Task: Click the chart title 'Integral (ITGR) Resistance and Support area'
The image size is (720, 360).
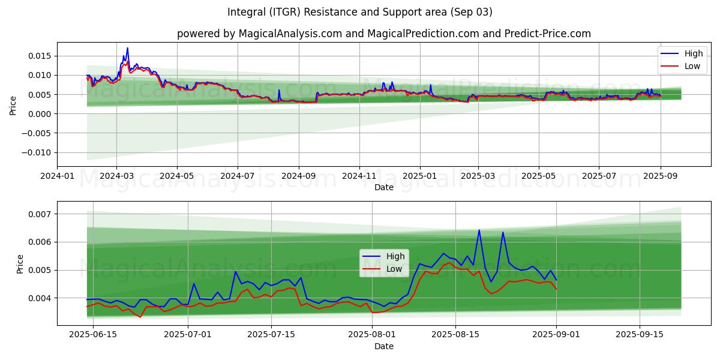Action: (360, 12)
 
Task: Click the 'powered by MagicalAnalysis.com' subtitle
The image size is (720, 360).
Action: (384, 34)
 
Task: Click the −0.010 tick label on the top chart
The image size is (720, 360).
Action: (38, 152)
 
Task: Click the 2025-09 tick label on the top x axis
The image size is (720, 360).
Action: (660, 176)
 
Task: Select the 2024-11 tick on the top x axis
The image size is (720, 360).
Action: (359, 176)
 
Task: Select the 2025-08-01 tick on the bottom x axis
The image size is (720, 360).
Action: (373, 335)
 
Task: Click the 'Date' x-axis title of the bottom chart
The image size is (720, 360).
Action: (384, 346)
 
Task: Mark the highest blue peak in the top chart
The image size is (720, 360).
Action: (127, 48)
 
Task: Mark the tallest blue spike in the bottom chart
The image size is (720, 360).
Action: (479, 230)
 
